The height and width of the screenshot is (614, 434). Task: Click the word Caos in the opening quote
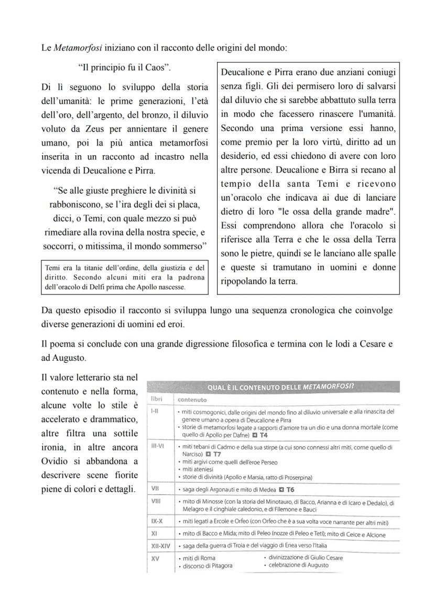pyautogui.click(x=157, y=68)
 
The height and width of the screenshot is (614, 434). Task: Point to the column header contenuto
pyautogui.click(x=192, y=400)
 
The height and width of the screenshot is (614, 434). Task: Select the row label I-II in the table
pyautogui.click(x=156, y=411)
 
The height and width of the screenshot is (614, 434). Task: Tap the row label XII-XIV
pyautogui.click(x=159, y=546)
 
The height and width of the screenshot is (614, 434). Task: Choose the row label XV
pyautogui.click(x=155, y=557)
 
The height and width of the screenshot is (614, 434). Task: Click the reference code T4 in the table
pyautogui.click(x=264, y=435)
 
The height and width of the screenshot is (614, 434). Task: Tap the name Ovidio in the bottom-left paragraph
pyautogui.click(x=56, y=461)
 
